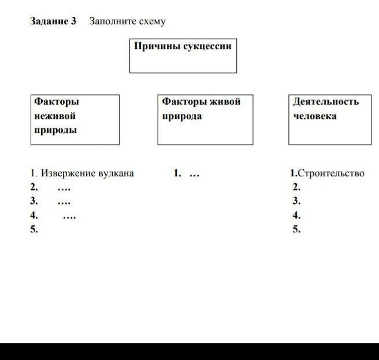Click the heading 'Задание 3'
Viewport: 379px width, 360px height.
[x=53, y=21]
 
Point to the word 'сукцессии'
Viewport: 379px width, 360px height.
[x=207, y=46]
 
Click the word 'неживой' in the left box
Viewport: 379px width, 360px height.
[x=55, y=116]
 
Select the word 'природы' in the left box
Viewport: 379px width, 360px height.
[x=55, y=131]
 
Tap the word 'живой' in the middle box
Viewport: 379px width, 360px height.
[x=225, y=102]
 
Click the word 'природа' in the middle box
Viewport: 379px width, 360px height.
[x=182, y=116]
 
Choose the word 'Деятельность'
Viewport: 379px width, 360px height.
[x=326, y=102]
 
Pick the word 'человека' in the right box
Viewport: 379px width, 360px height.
[x=315, y=116]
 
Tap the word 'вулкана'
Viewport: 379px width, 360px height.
[x=115, y=173]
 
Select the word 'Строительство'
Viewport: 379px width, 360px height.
[x=331, y=173]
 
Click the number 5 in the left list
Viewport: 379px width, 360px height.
[x=34, y=229]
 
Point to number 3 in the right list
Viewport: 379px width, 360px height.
[x=296, y=201]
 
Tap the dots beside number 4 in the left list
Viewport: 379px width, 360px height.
[x=69, y=218]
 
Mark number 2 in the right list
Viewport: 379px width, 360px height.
[x=296, y=187]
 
